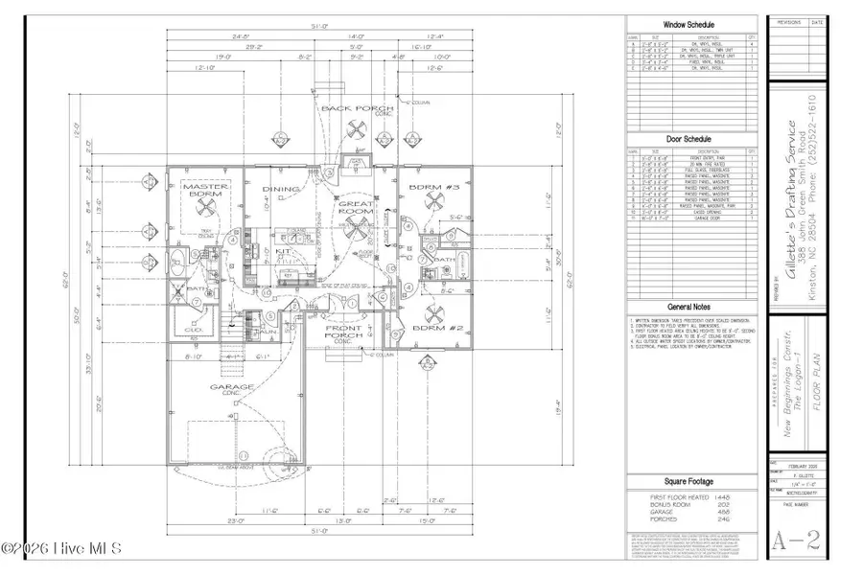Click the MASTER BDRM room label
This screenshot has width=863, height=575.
203,189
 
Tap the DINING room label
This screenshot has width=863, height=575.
281,190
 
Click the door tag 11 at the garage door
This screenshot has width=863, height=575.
243,454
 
